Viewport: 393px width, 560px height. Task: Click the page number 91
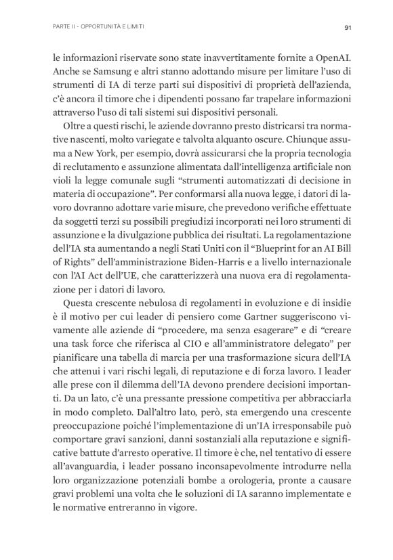click(346, 27)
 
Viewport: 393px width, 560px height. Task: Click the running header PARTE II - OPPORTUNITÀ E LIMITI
click(98, 27)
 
